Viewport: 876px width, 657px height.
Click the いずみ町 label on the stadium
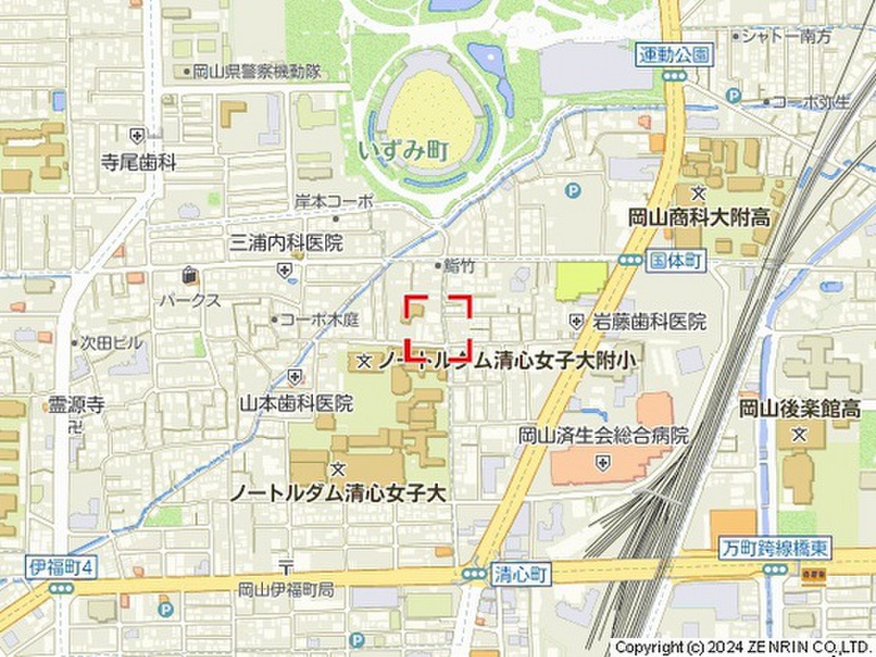(x=405, y=151)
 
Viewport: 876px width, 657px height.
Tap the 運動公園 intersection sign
(x=674, y=56)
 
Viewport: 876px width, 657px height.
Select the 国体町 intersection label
(x=677, y=259)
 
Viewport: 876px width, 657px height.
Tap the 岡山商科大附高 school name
(x=699, y=217)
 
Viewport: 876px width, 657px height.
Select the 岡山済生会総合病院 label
(x=603, y=435)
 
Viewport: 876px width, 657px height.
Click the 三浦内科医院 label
(x=286, y=243)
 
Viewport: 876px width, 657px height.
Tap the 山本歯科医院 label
(x=295, y=402)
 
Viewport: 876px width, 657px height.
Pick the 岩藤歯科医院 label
(x=650, y=322)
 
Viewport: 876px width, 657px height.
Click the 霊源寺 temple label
(x=76, y=405)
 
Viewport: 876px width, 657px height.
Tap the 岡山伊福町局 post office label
(x=286, y=589)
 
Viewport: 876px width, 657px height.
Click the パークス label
(x=189, y=300)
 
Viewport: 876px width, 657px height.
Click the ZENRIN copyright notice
(x=741, y=648)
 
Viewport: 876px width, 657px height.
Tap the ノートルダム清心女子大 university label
(x=340, y=493)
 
